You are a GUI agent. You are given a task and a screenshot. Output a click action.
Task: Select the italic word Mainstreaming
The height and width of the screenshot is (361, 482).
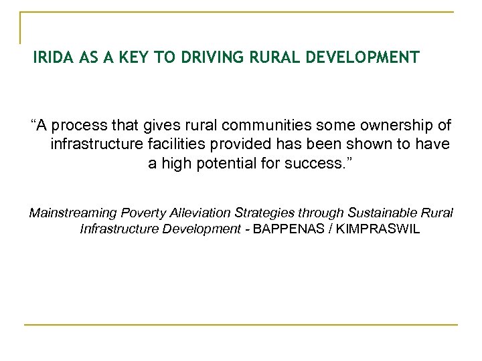(72, 213)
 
